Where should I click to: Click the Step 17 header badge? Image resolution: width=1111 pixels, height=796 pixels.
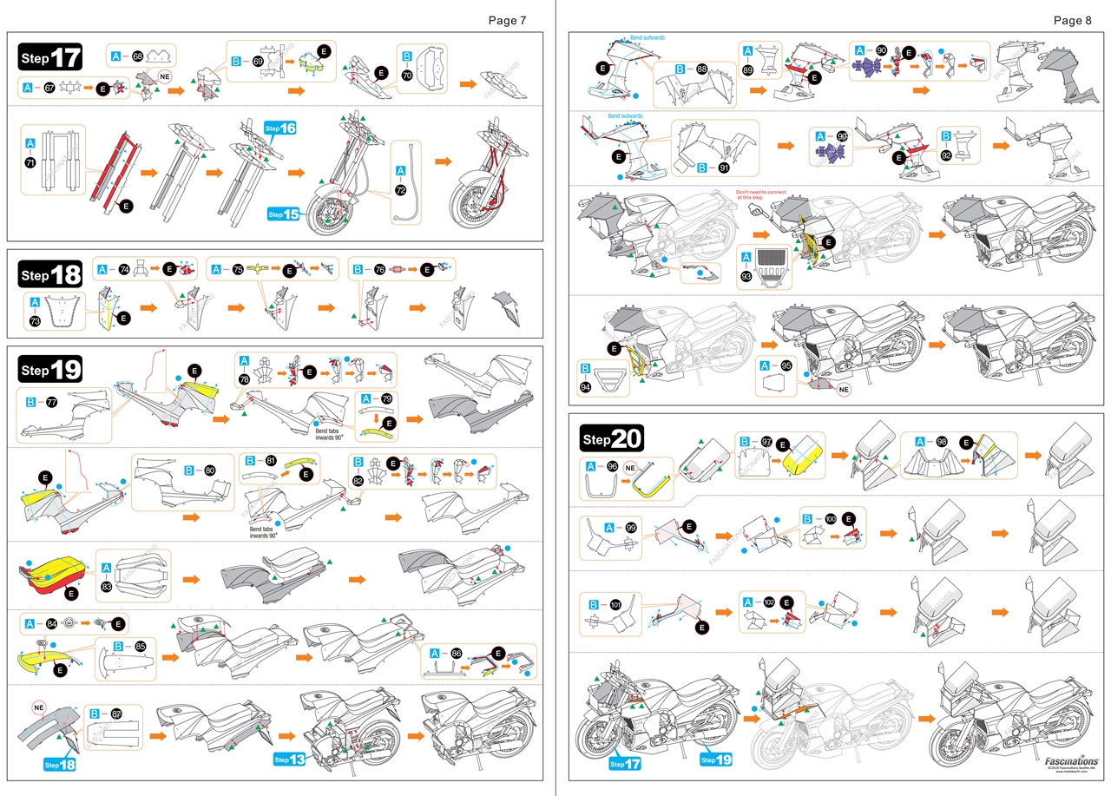pos(50,58)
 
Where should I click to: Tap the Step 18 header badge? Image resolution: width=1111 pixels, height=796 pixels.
pos(50,275)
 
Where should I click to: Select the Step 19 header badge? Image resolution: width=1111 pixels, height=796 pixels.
pos(50,371)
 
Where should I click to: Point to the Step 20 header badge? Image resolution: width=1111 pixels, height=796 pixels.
pos(611,439)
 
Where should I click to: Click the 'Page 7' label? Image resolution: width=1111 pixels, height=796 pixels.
pos(506,20)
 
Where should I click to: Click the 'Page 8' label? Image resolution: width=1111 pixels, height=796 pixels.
pos(1072,20)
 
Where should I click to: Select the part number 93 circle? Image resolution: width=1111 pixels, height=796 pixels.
pos(746,276)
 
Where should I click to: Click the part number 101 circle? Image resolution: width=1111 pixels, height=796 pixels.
pos(615,604)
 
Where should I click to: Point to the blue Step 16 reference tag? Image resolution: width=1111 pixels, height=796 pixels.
pos(281,128)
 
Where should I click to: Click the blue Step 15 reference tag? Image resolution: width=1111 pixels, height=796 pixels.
pos(284,214)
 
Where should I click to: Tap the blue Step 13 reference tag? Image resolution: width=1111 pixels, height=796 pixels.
pos(290,760)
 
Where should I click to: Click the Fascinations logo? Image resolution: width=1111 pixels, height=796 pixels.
pos(1072,760)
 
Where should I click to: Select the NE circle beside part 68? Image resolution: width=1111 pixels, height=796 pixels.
pos(165,76)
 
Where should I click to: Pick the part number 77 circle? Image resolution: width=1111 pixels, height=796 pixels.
pos(51,402)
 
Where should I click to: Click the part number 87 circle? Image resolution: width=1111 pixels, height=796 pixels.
pos(116,713)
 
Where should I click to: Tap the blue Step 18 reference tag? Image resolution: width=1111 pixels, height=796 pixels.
pos(61,764)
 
